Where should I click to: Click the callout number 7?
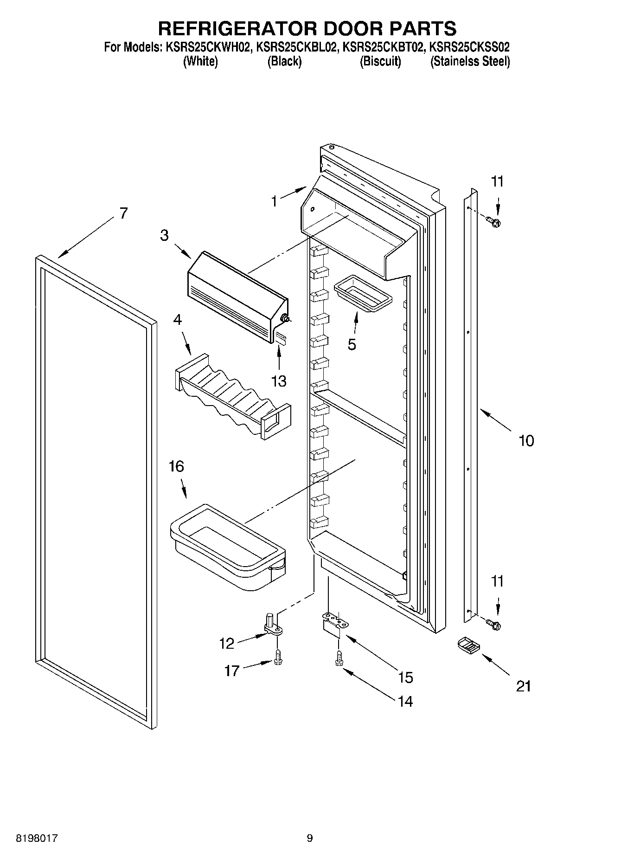click(123, 213)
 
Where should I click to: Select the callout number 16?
click(176, 466)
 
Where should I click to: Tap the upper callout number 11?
click(497, 181)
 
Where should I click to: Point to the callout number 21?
click(523, 686)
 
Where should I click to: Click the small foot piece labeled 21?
click(468, 645)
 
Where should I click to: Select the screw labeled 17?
click(277, 657)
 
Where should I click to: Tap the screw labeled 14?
click(339, 659)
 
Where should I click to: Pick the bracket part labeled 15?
click(333, 622)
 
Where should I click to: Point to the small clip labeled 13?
click(282, 337)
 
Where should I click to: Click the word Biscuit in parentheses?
click(380, 62)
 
